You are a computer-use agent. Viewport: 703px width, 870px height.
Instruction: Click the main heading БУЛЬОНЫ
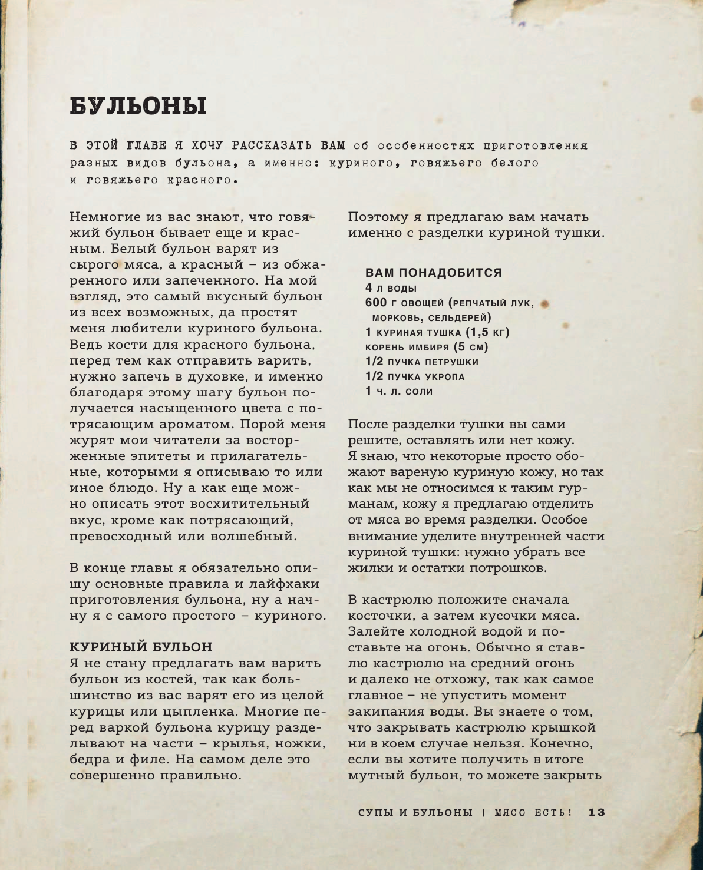138,106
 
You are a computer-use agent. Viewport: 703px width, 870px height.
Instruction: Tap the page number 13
597,812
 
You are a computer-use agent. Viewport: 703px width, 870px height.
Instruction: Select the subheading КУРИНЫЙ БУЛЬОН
141,647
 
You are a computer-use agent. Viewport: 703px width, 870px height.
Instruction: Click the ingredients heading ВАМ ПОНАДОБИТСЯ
434,273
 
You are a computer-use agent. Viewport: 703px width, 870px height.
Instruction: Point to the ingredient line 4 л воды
391,288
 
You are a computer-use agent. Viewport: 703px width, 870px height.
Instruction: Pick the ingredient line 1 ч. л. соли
399,391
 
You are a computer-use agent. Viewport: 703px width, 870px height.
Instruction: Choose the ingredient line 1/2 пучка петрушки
422,362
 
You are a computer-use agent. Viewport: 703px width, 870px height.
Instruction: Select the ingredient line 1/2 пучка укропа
415,376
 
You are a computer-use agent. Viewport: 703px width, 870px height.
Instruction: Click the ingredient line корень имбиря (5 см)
427,347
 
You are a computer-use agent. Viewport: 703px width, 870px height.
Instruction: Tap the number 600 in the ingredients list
377,303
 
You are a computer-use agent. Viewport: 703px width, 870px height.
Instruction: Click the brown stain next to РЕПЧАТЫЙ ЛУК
545,304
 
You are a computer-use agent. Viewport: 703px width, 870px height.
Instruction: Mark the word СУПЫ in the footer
375,812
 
